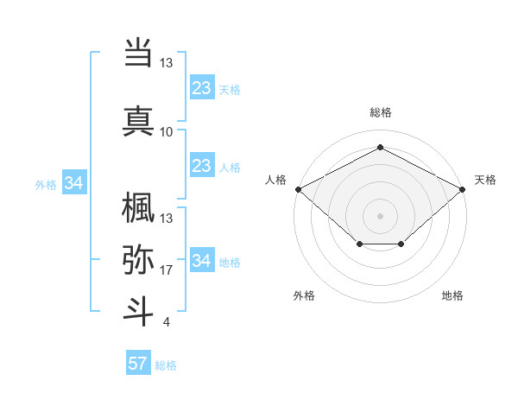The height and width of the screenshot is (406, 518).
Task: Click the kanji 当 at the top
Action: point(138,54)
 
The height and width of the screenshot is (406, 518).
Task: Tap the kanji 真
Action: point(138,120)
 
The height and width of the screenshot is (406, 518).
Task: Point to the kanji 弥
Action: point(138,258)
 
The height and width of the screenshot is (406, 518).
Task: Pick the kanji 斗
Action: point(138,311)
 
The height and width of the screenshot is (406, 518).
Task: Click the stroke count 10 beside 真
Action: point(167,131)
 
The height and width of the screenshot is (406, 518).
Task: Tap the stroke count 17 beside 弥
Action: point(167,270)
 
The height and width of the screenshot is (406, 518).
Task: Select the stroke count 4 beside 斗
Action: point(167,322)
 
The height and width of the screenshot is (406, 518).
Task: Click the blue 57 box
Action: point(138,363)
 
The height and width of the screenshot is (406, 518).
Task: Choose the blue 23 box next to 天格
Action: point(202,88)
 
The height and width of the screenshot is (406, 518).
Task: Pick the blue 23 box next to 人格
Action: point(202,166)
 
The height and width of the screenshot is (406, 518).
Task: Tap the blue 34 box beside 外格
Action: point(74,183)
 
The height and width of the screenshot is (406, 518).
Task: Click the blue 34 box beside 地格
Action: point(202,261)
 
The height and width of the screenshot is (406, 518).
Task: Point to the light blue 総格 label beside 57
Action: point(166,365)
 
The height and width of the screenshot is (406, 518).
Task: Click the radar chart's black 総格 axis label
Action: point(380,113)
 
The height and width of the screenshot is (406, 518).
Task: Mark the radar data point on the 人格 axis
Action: point(298,188)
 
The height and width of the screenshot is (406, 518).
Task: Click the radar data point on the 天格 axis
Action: point(463,188)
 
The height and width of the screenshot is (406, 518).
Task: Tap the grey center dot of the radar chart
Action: point(380,215)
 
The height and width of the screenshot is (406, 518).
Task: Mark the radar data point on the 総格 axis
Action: point(380,148)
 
